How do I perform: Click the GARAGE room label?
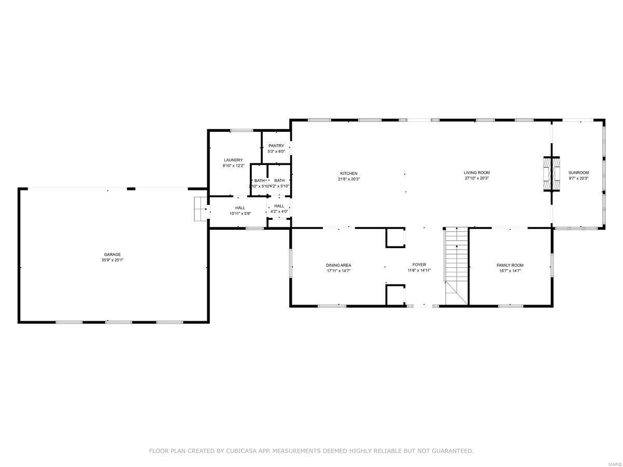click(112, 254)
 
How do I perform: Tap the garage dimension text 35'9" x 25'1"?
click(112, 260)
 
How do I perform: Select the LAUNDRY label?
click(233, 160)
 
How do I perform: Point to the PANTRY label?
click(276, 146)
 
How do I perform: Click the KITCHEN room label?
click(348, 173)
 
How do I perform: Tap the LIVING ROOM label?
click(477, 173)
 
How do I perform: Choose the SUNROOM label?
click(578, 173)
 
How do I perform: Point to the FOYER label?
click(419, 265)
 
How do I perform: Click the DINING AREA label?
click(338, 265)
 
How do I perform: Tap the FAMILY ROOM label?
click(510, 265)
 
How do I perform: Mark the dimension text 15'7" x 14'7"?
click(510, 271)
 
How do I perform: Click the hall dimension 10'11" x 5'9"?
click(240, 213)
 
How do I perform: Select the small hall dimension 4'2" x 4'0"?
click(279, 212)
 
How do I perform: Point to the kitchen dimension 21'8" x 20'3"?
click(348, 179)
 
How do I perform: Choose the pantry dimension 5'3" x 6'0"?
click(276, 152)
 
